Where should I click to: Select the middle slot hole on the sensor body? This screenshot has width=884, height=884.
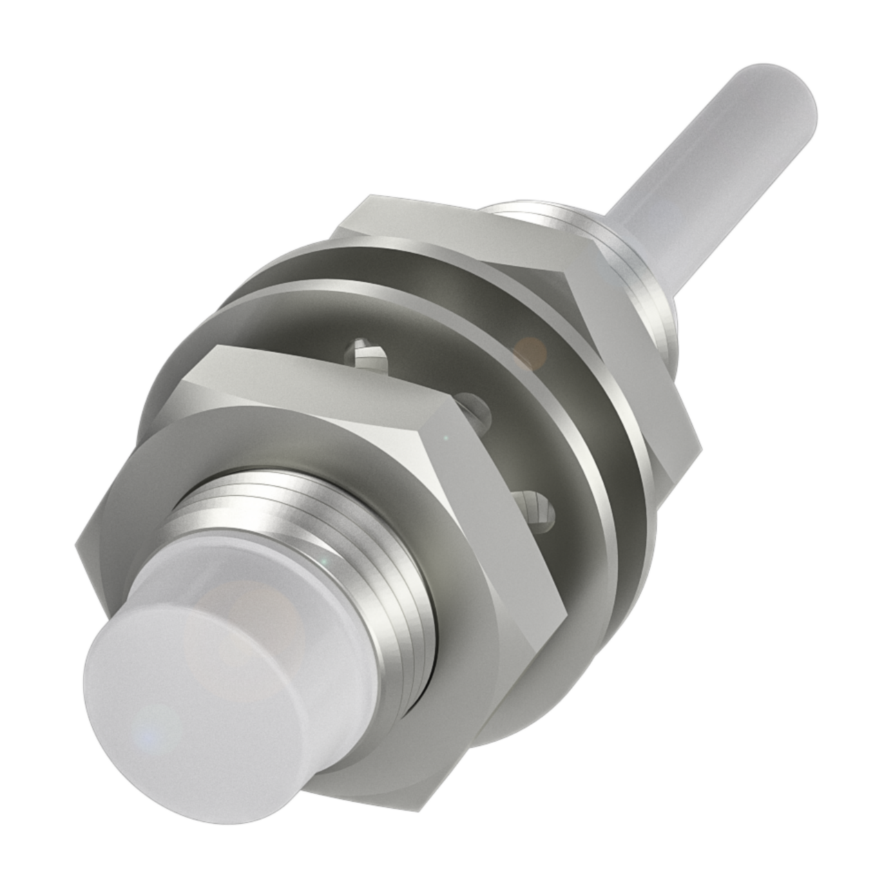[477, 407]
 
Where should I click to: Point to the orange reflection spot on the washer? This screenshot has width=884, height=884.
[530, 349]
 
